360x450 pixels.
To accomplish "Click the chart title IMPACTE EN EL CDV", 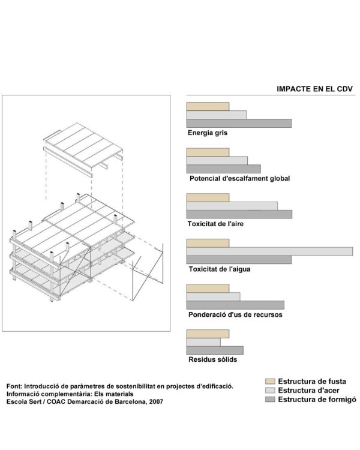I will click(x=314, y=89).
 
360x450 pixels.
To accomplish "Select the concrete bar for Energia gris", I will click(x=239, y=123).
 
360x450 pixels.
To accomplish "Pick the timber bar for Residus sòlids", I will click(x=208, y=334).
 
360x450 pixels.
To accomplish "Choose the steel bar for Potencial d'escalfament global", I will click(x=217, y=160).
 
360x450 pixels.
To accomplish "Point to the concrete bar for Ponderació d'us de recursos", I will click(x=235, y=305).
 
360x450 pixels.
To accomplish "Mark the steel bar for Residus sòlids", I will click(x=203, y=342).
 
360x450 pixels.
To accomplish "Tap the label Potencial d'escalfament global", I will click(x=239, y=178).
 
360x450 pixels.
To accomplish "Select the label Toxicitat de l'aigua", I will click(x=219, y=269).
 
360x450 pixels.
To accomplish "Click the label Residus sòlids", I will click(x=212, y=359).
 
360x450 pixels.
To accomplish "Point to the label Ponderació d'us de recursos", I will click(x=235, y=314).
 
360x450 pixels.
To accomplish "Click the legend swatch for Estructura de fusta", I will click(x=270, y=381).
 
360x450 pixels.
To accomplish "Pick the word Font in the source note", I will click(x=13, y=386).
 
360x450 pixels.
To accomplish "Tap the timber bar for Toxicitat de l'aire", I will click(x=208, y=197).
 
